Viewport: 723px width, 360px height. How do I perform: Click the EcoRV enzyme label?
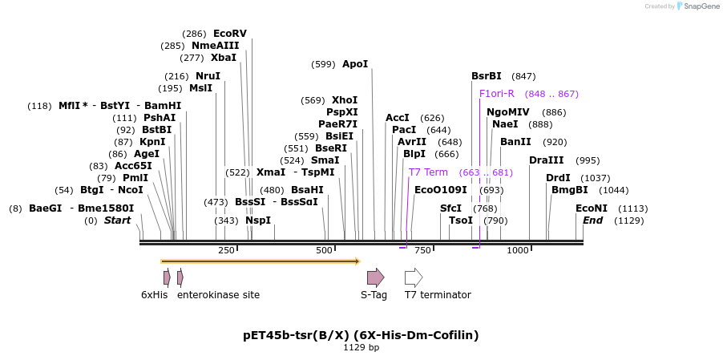pyautogui.click(x=229, y=34)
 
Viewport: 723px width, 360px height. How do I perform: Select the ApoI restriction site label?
pyautogui.click(x=355, y=64)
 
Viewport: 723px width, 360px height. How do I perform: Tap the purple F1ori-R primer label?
pyautogui.click(x=496, y=94)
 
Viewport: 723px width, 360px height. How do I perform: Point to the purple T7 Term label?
pyautogui.click(x=428, y=172)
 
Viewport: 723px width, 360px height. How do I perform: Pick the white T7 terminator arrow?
pyautogui.click(x=413, y=277)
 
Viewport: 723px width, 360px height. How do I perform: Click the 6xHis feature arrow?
pyautogui.click(x=167, y=277)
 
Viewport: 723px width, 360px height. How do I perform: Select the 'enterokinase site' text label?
pyautogui.click(x=218, y=295)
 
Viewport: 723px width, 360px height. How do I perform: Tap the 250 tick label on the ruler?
pyautogui.click(x=226, y=251)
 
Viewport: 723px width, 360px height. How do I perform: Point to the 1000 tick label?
pyautogui.click(x=518, y=251)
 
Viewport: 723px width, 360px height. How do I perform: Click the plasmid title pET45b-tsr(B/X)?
pyautogui.click(x=361, y=334)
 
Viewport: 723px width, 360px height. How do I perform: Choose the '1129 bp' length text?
pyautogui.click(x=361, y=348)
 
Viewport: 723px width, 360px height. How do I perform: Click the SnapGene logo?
pyautogui.click(x=693, y=6)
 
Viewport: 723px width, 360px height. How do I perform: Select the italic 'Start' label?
pyautogui.click(x=117, y=220)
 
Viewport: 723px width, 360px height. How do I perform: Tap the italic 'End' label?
pyautogui.click(x=592, y=220)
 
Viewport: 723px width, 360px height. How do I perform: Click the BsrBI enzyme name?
pyautogui.click(x=487, y=76)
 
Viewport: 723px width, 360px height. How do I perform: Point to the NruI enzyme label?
pyautogui.click(x=208, y=76)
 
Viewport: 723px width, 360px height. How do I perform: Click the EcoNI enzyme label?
pyautogui.click(x=592, y=208)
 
